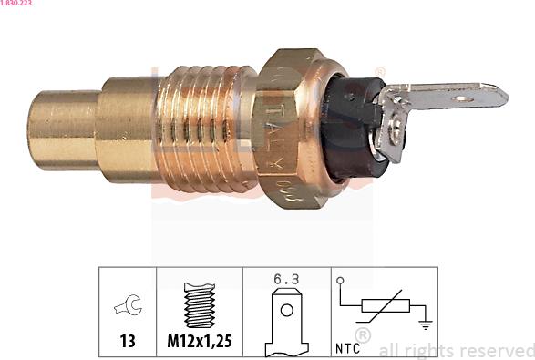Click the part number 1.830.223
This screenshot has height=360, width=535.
[x=16, y=5]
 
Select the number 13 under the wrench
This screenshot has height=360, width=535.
[x=127, y=343]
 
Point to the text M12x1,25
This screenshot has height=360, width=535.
[x=199, y=343]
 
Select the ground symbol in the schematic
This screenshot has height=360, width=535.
[x=423, y=321]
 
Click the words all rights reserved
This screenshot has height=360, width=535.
[x=456, y=350]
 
